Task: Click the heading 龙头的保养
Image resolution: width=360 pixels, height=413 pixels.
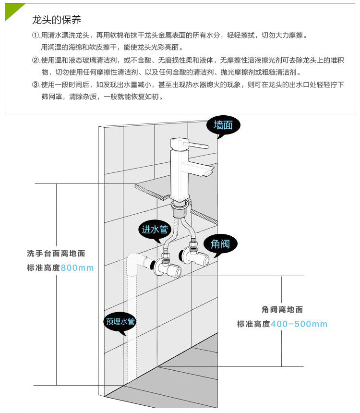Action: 56,20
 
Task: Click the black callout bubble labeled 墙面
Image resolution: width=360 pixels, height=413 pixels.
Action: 223,125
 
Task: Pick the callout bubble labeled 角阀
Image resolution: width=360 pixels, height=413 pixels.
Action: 220,244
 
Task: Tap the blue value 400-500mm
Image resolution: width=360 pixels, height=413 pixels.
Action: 299,324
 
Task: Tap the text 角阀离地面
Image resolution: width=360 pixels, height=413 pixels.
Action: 282,310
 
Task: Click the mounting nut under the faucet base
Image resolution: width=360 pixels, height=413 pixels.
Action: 180,206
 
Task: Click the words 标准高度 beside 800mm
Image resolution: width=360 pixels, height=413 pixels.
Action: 44,267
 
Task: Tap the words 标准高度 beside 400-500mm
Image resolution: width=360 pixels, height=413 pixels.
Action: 253,324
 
